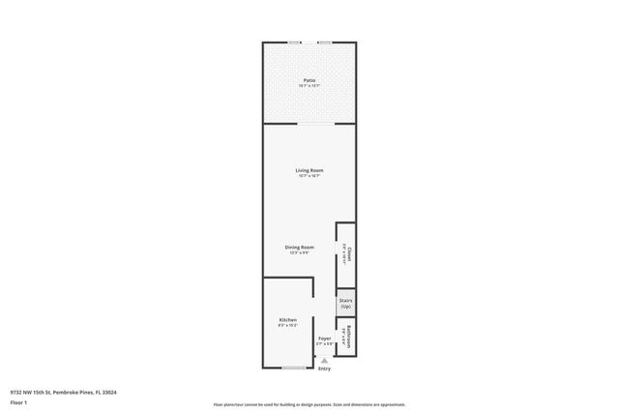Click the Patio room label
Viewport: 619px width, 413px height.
309,80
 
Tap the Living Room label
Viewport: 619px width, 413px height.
309,170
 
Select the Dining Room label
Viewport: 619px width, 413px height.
299,248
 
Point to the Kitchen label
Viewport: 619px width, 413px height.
287,320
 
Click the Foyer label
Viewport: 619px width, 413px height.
324,339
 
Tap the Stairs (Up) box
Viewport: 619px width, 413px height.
345,303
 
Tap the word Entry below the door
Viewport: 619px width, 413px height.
324,369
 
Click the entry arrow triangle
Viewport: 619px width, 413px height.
324,361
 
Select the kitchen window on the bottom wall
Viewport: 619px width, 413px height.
294,368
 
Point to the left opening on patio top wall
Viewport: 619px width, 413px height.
294,43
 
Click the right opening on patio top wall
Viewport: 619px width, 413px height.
325,43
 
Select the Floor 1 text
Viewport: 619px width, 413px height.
17,401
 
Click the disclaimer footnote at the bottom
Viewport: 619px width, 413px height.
309,404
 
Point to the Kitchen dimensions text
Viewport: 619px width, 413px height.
287,326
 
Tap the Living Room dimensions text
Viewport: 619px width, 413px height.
309,176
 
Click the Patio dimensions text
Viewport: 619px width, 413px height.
309,86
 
